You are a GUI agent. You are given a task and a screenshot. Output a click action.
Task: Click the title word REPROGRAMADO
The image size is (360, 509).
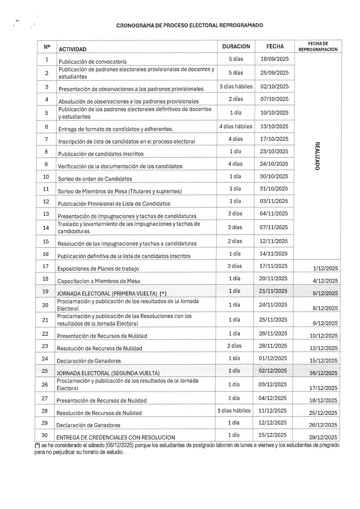(241, 25)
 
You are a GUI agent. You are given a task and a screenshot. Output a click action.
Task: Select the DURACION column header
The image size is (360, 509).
(236, 46)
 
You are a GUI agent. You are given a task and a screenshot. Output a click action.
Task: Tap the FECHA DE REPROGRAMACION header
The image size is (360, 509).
(318, 46)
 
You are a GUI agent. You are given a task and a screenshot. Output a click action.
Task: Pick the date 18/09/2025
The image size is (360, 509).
(275, 59)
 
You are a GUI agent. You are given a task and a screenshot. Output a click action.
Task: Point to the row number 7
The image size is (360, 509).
(46, 139)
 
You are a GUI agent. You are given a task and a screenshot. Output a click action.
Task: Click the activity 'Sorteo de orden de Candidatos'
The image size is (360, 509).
(95, 179)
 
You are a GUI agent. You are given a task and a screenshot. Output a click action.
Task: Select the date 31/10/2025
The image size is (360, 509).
(274, 189)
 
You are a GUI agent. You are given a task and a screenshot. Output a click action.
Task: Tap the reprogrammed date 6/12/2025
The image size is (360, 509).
(325, 293)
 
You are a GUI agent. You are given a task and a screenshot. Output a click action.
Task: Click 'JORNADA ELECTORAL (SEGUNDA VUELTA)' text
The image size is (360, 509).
(108, 373)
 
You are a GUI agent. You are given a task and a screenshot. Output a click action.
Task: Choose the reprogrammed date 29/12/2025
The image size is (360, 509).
(323, 437)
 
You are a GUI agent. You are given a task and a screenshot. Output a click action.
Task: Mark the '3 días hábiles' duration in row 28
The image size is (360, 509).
(234, 410)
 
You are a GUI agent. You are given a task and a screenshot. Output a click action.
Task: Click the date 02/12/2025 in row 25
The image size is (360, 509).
(273, 371)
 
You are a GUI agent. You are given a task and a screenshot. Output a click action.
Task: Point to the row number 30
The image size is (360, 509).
(44, 435)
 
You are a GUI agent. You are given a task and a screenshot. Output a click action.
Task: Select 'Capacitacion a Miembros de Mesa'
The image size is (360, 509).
(98, 281)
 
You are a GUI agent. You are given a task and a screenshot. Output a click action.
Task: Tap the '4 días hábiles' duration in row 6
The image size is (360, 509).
(236, 126)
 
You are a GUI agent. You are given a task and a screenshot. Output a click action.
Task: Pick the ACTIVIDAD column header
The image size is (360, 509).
(72, 49)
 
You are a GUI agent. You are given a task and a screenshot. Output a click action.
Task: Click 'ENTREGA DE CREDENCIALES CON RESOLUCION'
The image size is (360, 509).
(116, 437)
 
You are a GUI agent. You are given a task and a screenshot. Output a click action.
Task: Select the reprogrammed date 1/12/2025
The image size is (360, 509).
(325, 268)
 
